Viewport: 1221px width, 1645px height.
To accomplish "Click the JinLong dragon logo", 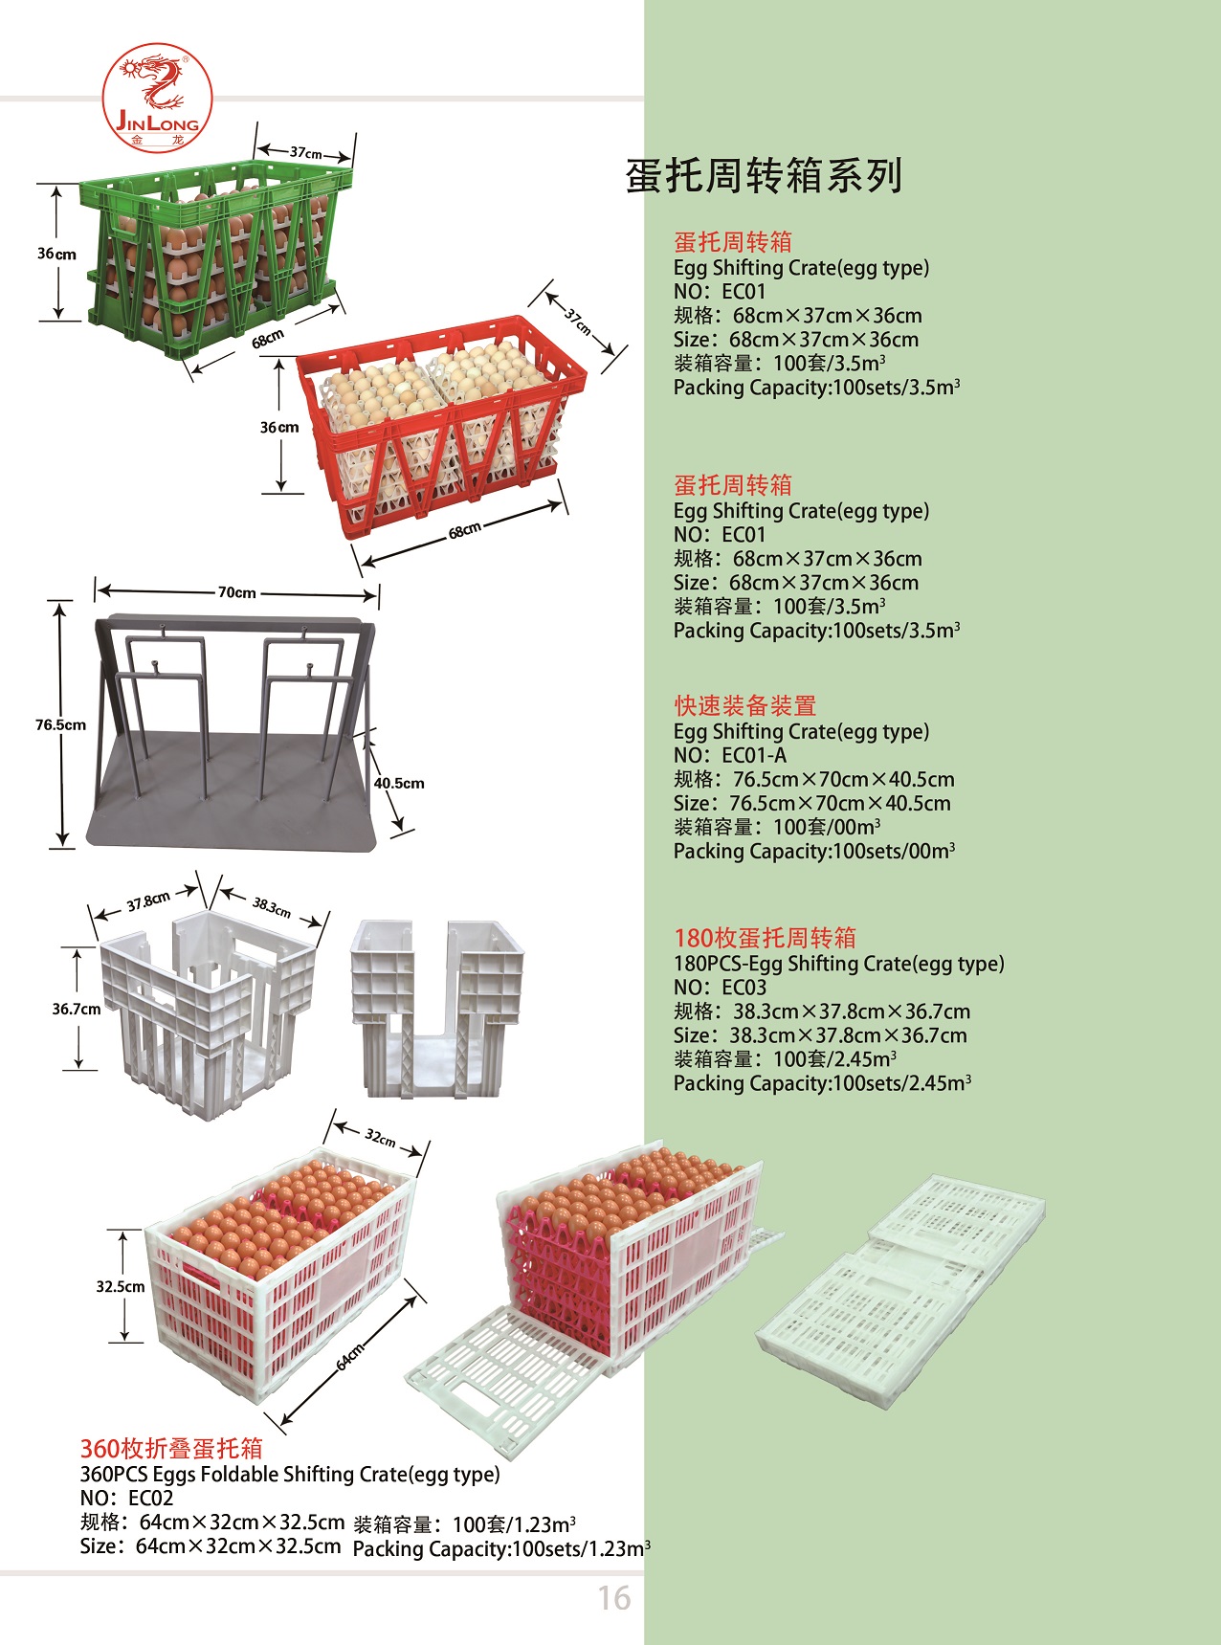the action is (x=157, y=96).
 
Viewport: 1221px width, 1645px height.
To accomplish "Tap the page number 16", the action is (x=614, y=1597).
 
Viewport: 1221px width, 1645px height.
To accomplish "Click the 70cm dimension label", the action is (x=237, y=592).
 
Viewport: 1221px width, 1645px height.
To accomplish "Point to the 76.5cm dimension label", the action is (x=60, y=724).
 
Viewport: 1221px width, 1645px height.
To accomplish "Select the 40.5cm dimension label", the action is (x=399, y=783).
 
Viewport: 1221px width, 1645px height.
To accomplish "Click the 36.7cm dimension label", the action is (x=77, y=1009).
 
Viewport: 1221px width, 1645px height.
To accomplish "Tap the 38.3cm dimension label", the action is (x=272, y=905).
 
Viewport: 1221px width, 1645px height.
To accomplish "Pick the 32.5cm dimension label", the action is (x=121, y=1286).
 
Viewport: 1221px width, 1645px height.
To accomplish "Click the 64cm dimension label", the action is (x=350, y=1357).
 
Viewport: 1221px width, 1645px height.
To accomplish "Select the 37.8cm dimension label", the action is (x=148, y=902).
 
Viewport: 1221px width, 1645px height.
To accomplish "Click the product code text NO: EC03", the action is (x=720, y=987).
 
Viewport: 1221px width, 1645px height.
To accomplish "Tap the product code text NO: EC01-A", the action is (x=730, y=755).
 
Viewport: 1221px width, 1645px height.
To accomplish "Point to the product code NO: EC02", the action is (x=126, y=1498).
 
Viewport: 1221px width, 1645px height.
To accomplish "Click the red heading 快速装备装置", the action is (x=745, y=705).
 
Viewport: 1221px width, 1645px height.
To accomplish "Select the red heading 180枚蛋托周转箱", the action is (x=766, y=938).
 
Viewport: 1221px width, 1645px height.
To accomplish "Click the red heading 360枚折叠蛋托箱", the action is (x=171, y=1448).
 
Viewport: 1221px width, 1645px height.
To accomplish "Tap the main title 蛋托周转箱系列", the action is (x=764, y=175).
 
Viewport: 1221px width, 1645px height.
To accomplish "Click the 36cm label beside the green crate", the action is (x=56, y=254).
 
